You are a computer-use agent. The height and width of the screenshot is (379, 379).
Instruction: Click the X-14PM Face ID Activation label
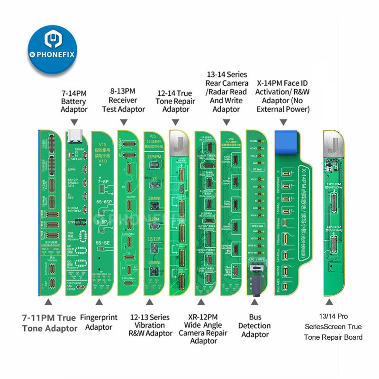(x=283, y=96)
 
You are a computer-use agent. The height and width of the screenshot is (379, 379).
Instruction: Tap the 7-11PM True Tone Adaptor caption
(x=49, y=323)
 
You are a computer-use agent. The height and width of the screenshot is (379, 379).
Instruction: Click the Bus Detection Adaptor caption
(x=255, y=325)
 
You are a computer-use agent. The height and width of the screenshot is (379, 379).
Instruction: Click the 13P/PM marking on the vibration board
(x=154, y=157)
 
